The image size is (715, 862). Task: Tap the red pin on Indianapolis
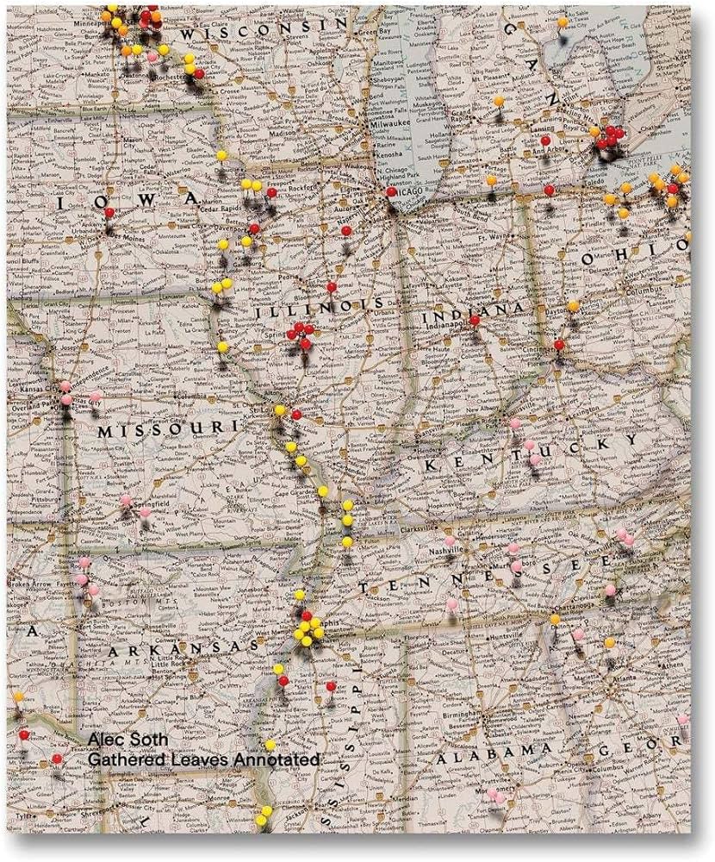coord(474,320)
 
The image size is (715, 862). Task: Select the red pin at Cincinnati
coord(558,345)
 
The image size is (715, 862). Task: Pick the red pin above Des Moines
coord(109,213)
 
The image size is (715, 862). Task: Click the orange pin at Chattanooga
coord(555,619)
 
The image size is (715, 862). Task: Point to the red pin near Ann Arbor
coord(545,141)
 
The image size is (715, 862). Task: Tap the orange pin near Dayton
coord(573,306)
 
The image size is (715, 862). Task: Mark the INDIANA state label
coord(473,310)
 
